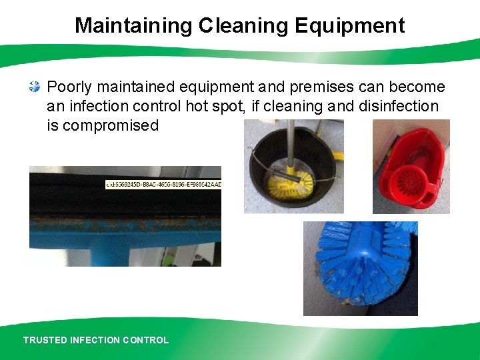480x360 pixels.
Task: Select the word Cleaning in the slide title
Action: point(241,26)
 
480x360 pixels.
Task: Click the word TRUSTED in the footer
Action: point(45,340)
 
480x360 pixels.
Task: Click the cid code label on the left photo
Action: point(163,184)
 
